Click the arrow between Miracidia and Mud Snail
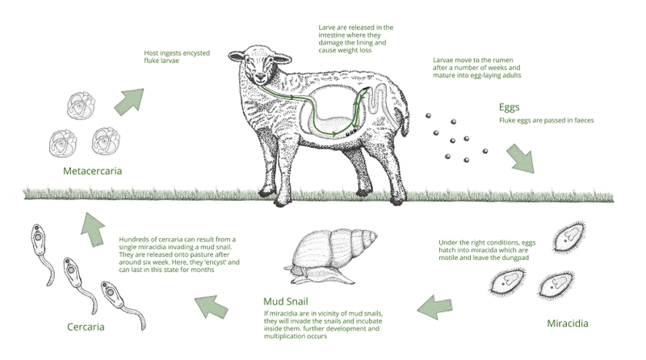436,304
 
